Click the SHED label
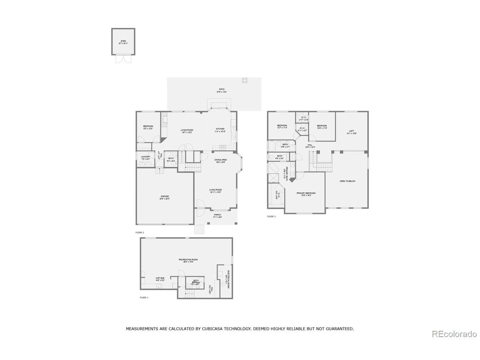tap(123, 41)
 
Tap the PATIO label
tap(222, 89)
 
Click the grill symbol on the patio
tap(245, 79)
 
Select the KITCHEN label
tap(220, 129)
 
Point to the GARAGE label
tap(165, 196)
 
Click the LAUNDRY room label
tap(145, 157)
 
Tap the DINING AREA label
tap(221, 160)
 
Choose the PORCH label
tap(217, 215)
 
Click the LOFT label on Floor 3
tap(351, 130)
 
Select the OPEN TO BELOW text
tap(347, 181)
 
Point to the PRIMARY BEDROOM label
tap(306, 193)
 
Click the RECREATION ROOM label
tap(188, 259)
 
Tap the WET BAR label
tap(160, 278)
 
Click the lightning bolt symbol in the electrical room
tap(222, 285)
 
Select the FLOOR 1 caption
tap(144, 297)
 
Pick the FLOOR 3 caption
tap(271, 216)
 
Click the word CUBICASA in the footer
tap(212, 328)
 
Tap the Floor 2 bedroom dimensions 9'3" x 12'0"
tap(148, 129)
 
